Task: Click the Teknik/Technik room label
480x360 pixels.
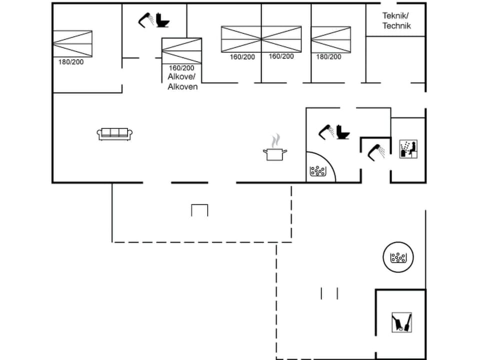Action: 396,20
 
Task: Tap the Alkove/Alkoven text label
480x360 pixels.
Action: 182,81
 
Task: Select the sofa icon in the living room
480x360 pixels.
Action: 115,133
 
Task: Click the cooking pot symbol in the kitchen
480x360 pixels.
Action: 274,153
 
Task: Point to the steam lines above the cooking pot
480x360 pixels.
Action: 275,139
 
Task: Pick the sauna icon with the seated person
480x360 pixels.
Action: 408,149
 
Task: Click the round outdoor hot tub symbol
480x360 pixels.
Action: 398,257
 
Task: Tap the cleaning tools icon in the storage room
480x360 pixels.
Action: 401,321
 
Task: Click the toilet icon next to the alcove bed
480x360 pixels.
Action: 163,20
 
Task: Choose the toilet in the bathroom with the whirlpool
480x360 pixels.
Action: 343,132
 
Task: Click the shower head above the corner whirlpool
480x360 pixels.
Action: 326,131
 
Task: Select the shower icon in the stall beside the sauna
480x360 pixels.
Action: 376,151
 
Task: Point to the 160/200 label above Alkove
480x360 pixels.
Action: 181,67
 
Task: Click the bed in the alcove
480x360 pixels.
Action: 181,50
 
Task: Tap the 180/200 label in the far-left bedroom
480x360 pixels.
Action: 71,62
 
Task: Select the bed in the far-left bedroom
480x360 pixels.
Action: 72,43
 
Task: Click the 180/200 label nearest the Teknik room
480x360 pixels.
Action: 328,56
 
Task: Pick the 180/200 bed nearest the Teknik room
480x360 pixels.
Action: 331,39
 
